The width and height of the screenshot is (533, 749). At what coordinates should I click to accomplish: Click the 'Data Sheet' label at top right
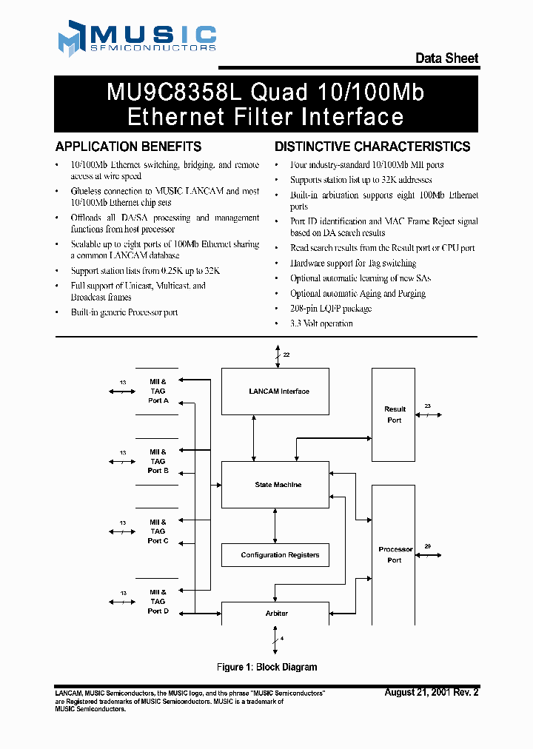446,58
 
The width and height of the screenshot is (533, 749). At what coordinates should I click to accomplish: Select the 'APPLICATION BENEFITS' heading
128,147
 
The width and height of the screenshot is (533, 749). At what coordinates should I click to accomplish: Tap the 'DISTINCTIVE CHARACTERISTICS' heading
372,147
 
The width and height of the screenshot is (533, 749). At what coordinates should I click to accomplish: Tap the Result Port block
395,414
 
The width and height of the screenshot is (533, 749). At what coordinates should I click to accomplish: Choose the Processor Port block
395,554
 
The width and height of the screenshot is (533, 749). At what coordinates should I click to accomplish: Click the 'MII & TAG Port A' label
158,391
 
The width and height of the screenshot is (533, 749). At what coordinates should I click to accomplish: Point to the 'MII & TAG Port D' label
158,601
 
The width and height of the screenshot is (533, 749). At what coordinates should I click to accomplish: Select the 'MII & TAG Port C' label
158,531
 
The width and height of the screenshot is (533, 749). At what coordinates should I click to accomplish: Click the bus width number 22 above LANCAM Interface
286,355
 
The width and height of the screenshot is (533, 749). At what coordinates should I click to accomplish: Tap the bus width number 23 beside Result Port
428,406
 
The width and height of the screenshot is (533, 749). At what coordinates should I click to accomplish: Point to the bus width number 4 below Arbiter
282,638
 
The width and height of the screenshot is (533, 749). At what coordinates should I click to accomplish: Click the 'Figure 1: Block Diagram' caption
266,668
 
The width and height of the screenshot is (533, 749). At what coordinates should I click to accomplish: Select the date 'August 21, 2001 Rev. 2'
432,693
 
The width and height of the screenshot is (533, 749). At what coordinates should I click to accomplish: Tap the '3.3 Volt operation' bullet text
321,323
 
